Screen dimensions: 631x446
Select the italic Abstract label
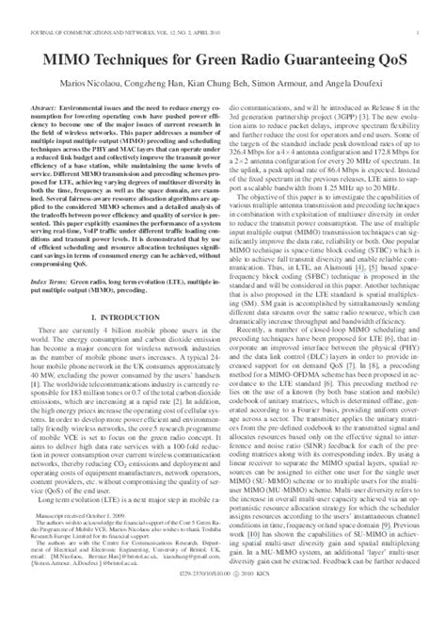[x=46, y=83]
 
